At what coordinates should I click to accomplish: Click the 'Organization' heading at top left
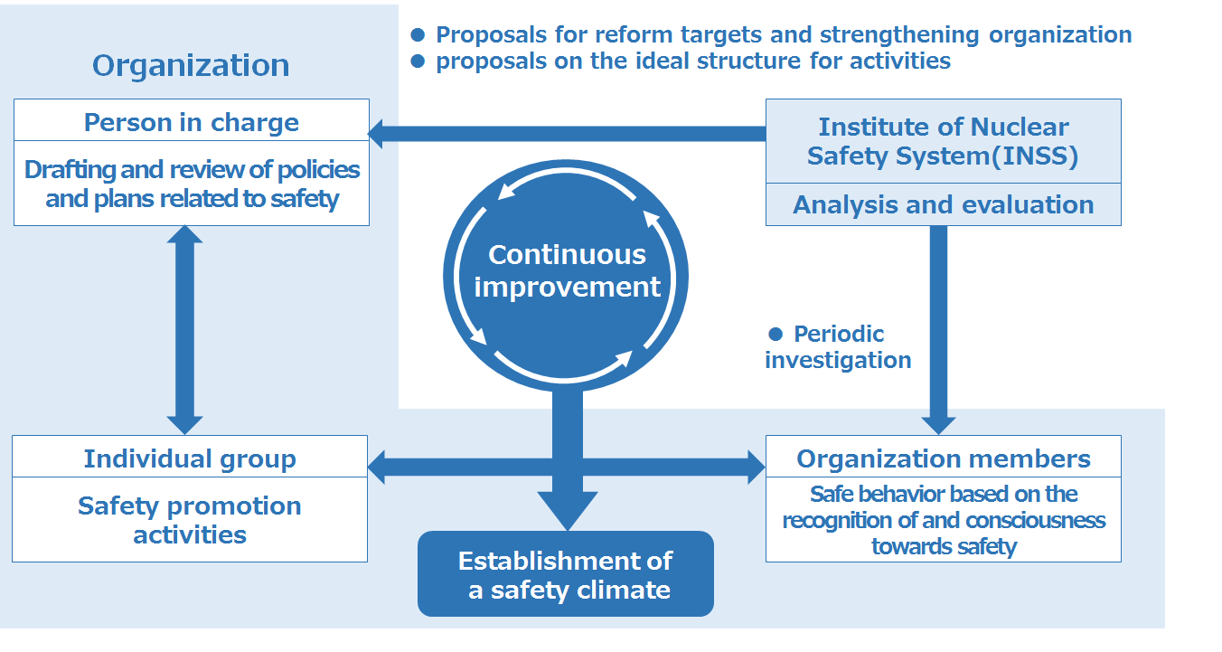191,66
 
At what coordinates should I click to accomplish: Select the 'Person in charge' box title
192,123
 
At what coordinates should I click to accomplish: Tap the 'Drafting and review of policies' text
192,169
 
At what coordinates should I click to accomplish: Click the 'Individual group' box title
190,458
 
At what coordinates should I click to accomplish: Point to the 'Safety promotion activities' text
190,520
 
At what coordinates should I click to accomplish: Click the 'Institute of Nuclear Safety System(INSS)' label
944,141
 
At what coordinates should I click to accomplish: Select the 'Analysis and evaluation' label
944,204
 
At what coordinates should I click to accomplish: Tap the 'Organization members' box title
944,458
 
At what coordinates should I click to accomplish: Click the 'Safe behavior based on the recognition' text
944,507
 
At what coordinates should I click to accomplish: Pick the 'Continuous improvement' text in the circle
567,270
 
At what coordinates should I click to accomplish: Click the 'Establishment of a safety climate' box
566,574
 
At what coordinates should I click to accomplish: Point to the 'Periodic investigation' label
838,347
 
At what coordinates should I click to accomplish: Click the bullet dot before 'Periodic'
775,334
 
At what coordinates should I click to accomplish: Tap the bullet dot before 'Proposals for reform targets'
418,35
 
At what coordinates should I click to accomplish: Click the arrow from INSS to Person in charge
567,134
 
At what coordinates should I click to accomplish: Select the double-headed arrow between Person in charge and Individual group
185,330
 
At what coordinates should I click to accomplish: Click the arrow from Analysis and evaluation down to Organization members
938,330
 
